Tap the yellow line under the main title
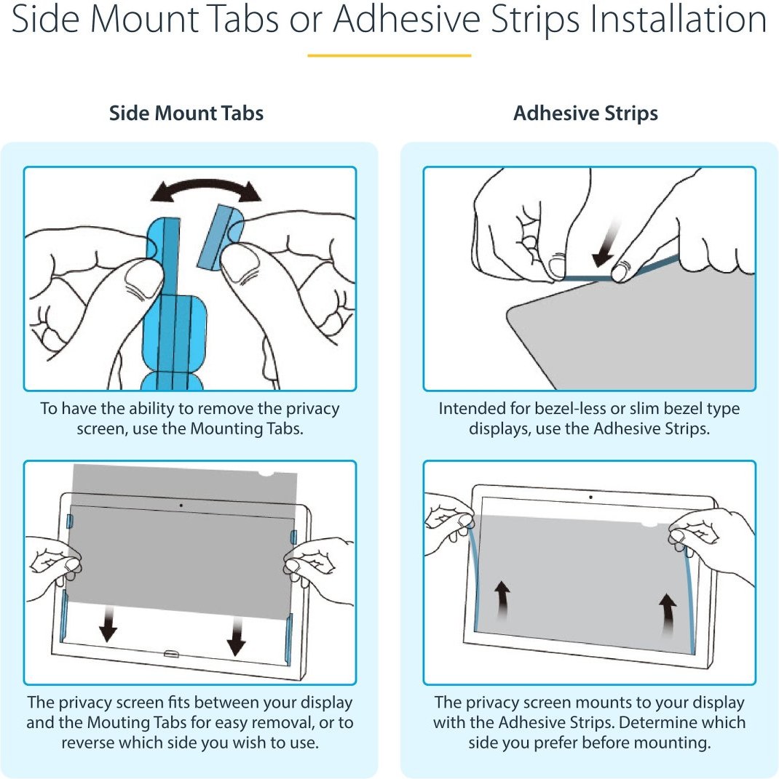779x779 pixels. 389,55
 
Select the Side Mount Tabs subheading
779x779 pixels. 186,113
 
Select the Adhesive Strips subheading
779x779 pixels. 585,113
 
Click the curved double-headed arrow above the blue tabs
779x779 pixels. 206,187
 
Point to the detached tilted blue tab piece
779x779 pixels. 220,236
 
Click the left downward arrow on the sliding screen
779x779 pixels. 108,624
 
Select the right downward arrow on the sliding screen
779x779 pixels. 236,636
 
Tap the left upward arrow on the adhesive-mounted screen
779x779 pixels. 502,601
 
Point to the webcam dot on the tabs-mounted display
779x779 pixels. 181,506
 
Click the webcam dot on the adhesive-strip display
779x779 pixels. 590,497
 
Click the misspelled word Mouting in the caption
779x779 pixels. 119,722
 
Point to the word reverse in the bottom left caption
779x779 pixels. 88,743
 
